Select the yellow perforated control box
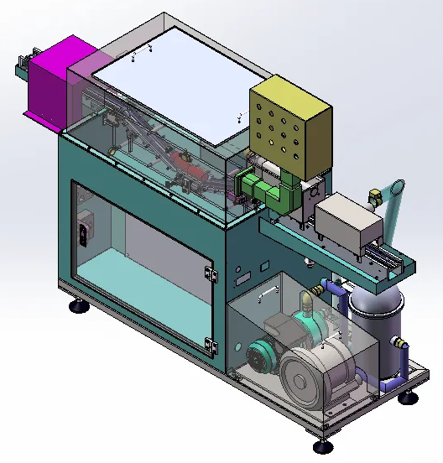coord(289,126)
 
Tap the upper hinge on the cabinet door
coord(211,273)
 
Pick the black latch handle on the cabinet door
coord(82,230)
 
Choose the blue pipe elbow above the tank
coord(340,289)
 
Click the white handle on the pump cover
coord(269,293)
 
